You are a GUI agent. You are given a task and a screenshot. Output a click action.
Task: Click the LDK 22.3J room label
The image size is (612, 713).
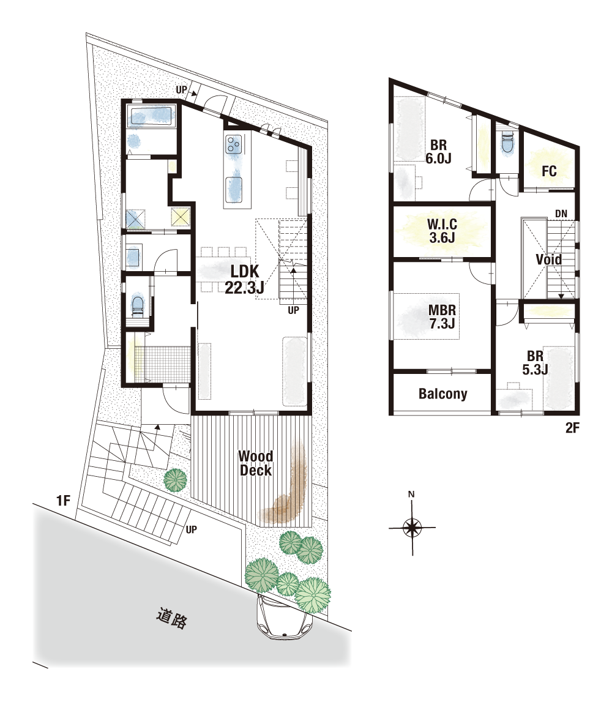pos(245,279)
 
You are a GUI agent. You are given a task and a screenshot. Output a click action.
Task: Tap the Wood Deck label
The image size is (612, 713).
pos(256,463)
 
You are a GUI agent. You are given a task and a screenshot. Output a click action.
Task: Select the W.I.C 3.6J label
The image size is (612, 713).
pos(442,231)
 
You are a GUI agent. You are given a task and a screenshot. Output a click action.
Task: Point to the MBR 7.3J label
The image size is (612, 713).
pos(442,317)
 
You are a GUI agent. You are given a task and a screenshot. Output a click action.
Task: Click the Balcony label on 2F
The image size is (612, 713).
pos(443,394)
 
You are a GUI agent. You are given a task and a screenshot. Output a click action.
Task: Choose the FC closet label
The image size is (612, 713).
pos(549,171)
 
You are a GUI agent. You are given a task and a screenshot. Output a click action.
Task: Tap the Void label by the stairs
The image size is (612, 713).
pos(548,259)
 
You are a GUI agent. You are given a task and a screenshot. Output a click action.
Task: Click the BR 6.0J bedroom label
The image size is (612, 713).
pos(438,151)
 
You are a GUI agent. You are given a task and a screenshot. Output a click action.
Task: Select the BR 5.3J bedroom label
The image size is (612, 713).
pos(535,363)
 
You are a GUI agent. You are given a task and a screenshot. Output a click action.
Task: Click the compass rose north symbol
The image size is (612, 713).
pos(412,528)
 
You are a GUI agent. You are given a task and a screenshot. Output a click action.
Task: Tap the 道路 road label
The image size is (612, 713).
pos(172,618)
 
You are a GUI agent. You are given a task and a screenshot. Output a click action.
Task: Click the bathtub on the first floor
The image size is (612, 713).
pos(151,116)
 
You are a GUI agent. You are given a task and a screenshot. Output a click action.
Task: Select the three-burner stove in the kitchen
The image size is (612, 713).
pos(233,144)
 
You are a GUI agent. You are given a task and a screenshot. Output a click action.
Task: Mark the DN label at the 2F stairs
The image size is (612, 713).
pos(561,214)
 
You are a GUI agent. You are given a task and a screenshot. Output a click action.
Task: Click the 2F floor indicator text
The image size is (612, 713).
pos(572,428)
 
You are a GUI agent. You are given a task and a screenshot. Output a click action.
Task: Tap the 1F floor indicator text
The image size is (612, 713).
pos(63,501)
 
